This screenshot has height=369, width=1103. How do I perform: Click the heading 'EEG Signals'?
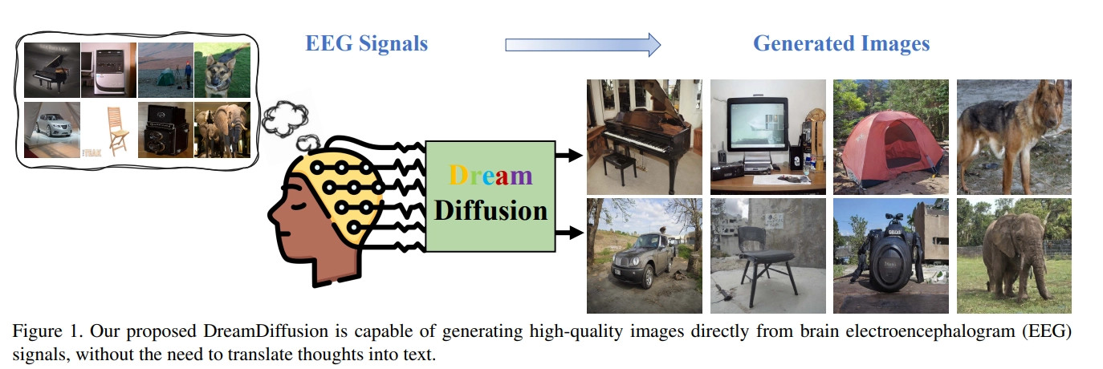tap(366, 43)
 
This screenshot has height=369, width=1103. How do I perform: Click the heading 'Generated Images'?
tap(840, 43)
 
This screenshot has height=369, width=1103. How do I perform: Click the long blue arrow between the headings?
tap(582, 44)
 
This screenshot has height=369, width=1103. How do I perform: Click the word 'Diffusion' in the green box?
tap(490, 210)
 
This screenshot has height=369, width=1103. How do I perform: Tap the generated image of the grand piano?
tap(644, 136)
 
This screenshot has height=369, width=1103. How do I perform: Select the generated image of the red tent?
tap(890, 136)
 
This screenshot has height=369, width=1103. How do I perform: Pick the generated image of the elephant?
tap(1014, 255)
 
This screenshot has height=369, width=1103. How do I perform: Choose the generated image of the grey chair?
tap(767, 255)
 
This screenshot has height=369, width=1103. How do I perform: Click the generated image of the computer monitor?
tap(767, 136)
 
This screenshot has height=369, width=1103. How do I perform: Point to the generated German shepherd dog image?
tap(1014, 136)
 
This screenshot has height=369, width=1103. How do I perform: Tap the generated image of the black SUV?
tap(644, 255)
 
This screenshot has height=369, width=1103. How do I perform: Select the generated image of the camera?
tap(890, 255)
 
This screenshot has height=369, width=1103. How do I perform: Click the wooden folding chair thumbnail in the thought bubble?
tap(109, 129)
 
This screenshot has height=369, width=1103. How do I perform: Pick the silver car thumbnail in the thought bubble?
tap(52, 129)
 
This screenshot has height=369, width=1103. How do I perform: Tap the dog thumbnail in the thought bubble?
tap(222, 70)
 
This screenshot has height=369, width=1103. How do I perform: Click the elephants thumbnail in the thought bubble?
tap(222, 129)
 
